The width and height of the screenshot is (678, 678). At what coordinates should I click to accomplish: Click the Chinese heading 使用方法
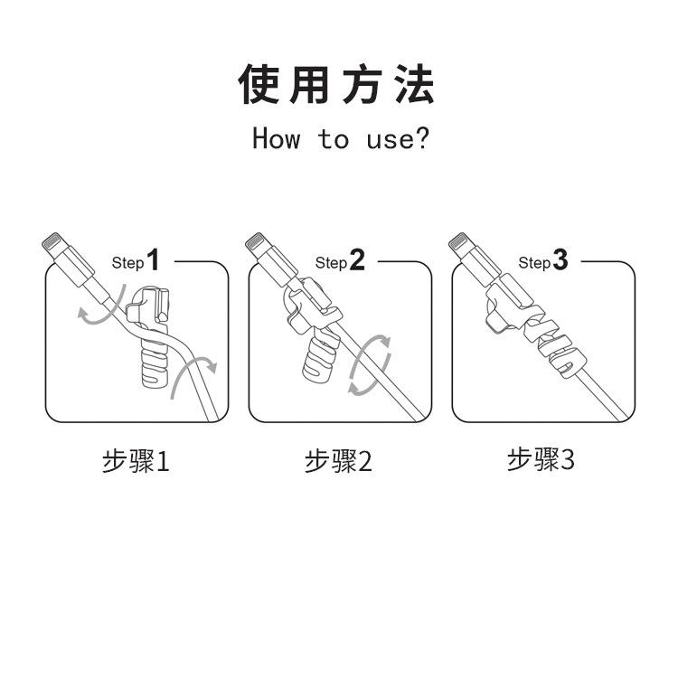pyautogui.click(x=336, y=84)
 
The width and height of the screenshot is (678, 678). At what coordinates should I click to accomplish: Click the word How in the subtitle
pyautogui.click(x=276, y=139)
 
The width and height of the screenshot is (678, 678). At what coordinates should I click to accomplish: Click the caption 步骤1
pyautogui.click(x=136, y=461)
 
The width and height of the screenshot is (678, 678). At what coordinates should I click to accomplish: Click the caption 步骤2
pyautogui.click(x=338, y=461)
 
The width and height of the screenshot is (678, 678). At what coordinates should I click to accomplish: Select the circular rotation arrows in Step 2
pyautogui.click(x=371, y=364)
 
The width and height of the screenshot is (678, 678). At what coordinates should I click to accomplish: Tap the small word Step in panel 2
pyautogui.click(x=331, y=263)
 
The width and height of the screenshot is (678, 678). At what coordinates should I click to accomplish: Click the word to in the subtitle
pyautogui.click(x=333, y=139)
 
